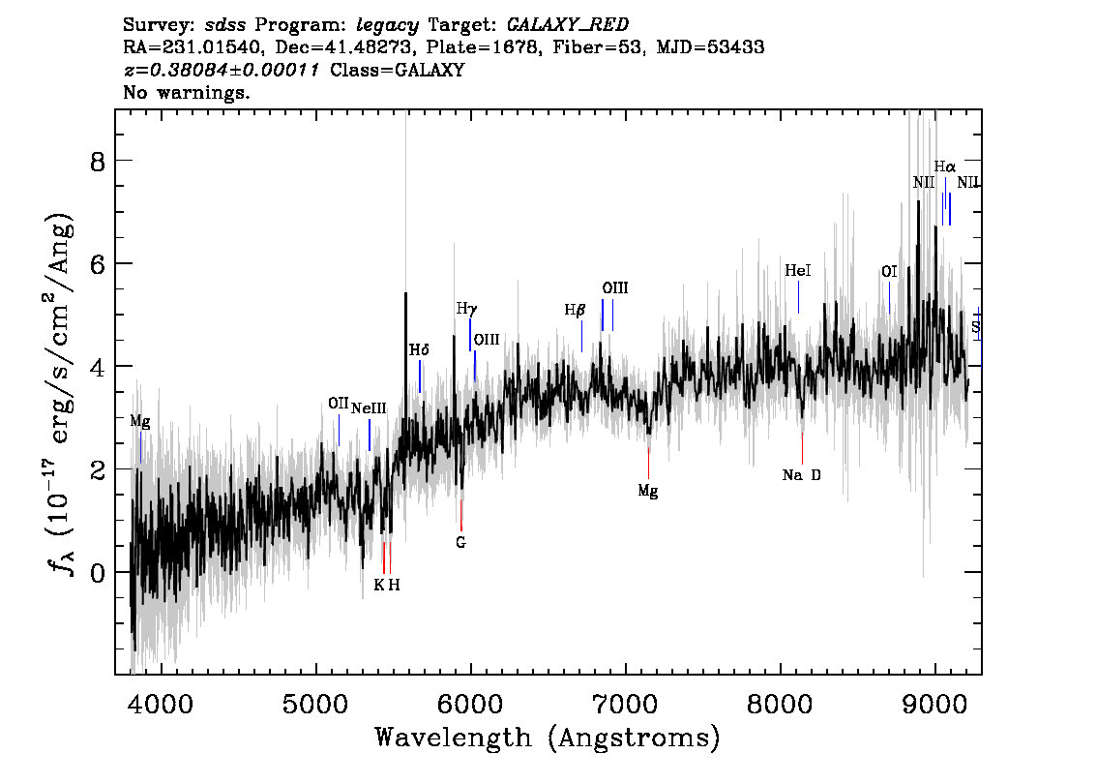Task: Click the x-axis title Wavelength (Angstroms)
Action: (548, 738)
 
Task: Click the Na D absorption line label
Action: (801, 475)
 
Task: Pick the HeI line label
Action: (798, 272)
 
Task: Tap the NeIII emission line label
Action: (369, 408)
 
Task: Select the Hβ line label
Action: (576, 311)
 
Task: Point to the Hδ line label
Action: (419, 349)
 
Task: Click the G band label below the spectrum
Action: (461, 543)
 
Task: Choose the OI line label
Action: (889, 272)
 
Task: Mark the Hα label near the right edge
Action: (944, 166)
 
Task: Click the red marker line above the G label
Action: (461, 514)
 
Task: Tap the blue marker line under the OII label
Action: (339, 430)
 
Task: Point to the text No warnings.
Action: (187, 94)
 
